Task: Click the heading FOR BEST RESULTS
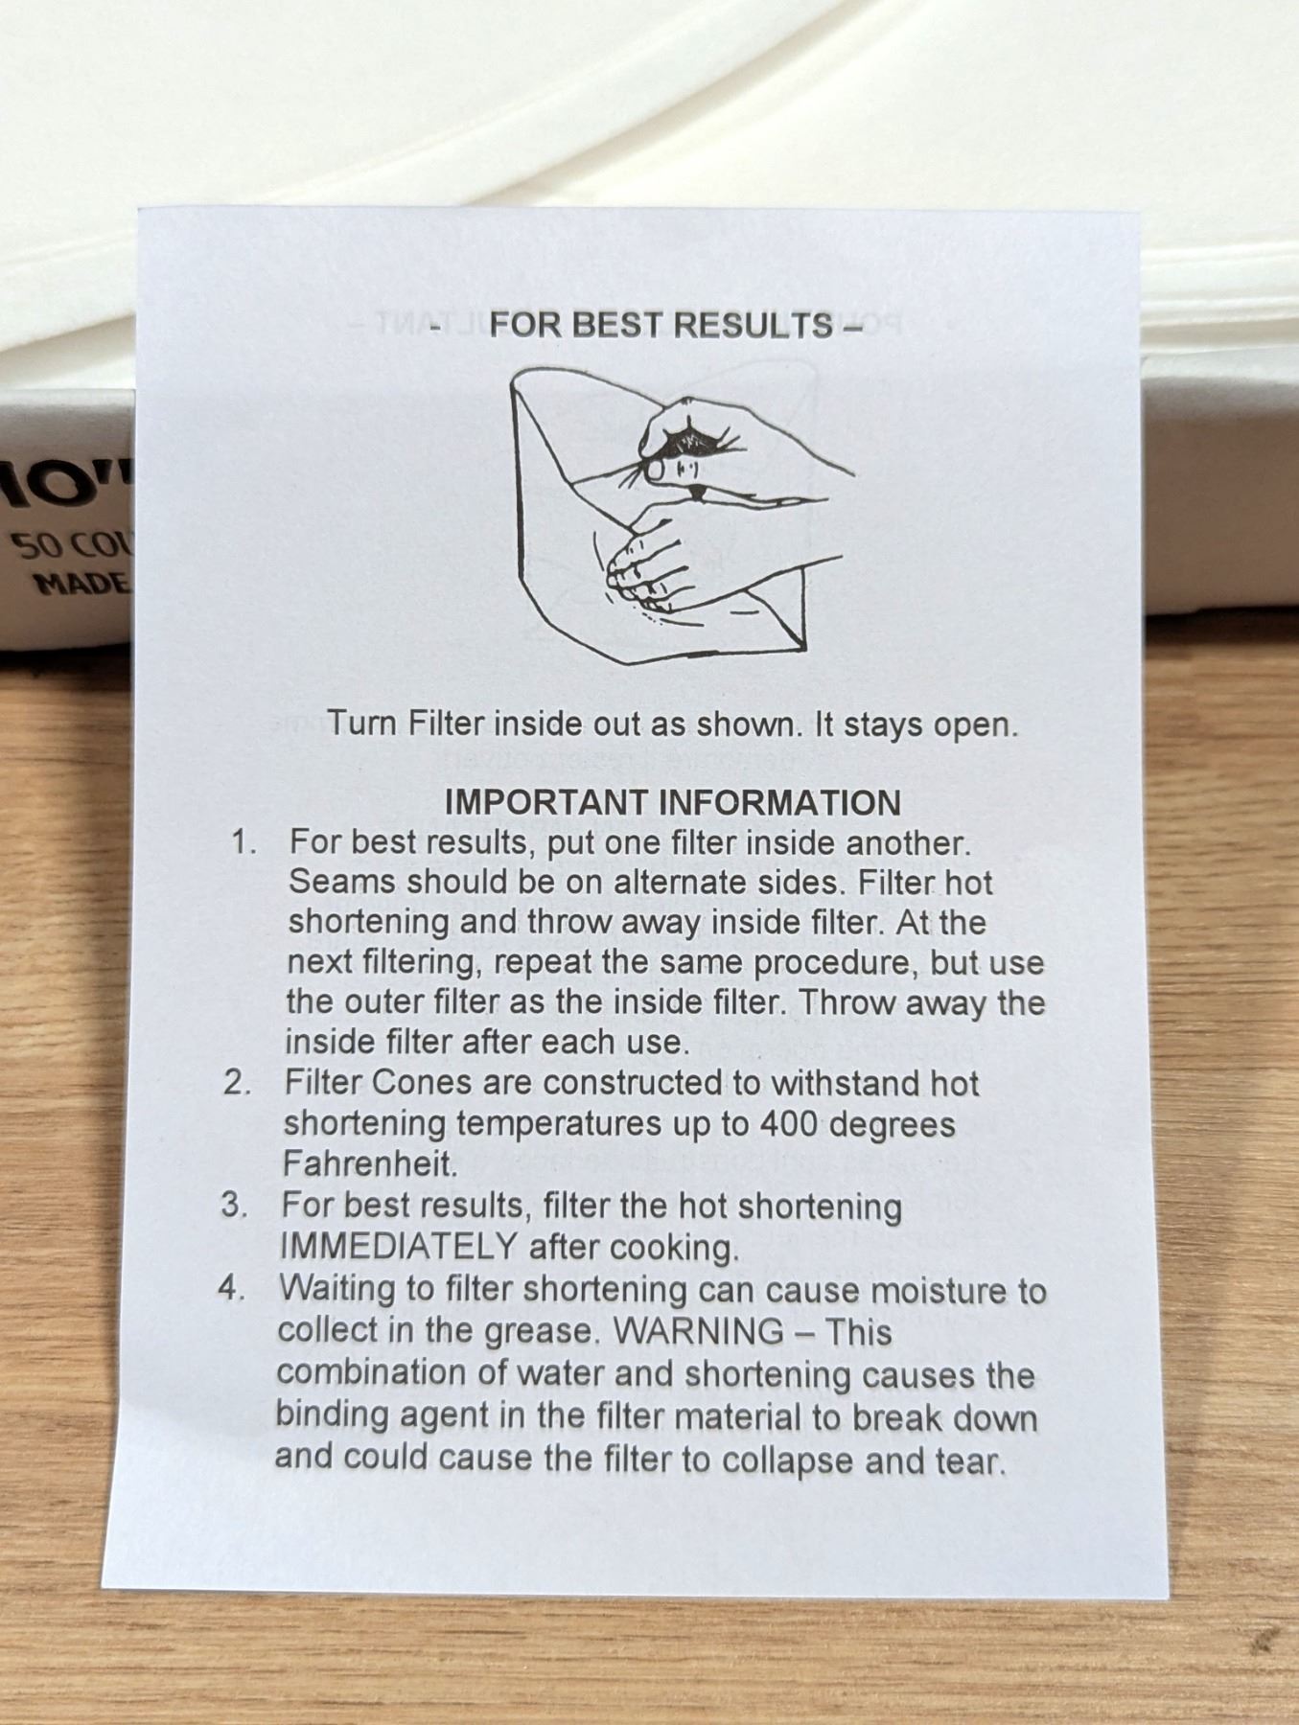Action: point(661,325)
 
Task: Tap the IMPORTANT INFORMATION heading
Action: point(672,802)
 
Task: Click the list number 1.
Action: point(243,842)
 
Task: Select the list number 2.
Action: point(237,1083)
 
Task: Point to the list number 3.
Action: point(234,1205)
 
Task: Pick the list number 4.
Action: point(231,1287)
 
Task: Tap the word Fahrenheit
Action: point(370,1164)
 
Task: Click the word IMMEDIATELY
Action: point(399,1247)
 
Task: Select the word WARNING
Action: point(698,1330)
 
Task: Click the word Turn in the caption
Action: point(361,723)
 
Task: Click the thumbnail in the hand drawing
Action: point(655,470)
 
